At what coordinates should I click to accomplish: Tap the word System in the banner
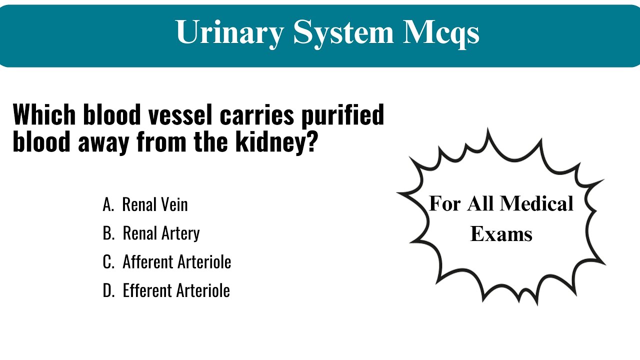click(x=343, y=32)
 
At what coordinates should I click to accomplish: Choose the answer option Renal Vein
click(x=155, y=204)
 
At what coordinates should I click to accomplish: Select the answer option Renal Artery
click(x=161, y=233)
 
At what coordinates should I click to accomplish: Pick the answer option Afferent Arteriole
click(x=176, y=262)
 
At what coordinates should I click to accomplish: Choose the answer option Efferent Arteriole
click(x=176, y=290)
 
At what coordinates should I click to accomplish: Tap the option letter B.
click(x=108, y=233)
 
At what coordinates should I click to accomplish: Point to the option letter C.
click(x=108, y=262)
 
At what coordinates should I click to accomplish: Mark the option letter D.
click(x=108, y=290)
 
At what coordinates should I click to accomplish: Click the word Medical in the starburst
click(x=536, y=203)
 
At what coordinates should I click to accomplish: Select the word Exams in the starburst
click(x=501, y=233)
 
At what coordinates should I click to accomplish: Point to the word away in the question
click(x=104, y=142)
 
